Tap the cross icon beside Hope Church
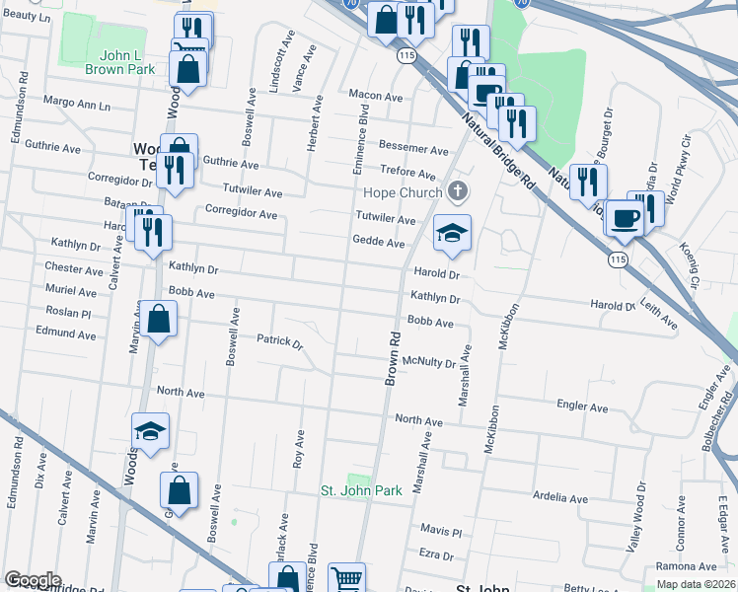tap(456, 190)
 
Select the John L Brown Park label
tap(116, 61)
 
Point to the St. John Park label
tap(362, 490)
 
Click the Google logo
tap(33, 580)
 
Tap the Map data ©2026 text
tap(695, 584)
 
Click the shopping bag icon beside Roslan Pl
tap(158, 320)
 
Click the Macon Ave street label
tap(376, 97)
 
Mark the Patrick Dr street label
tap(279, 341)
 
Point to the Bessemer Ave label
tap(414, 149)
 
